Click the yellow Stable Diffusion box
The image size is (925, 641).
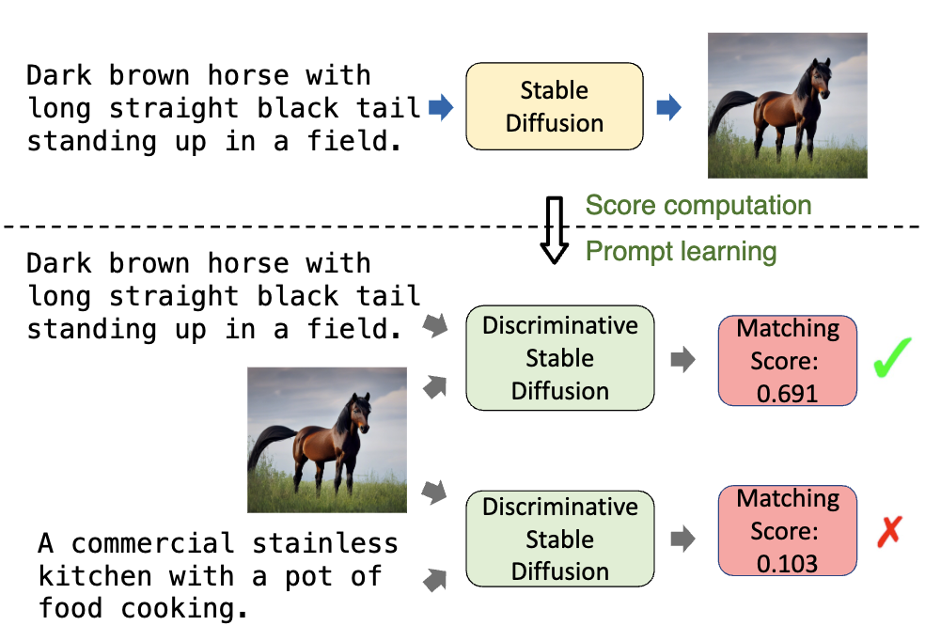555,106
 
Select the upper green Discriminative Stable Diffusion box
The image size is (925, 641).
560,358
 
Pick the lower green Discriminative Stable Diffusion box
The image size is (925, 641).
560,539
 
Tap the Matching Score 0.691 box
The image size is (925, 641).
788,360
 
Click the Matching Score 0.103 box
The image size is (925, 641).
788,530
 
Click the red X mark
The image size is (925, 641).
888,532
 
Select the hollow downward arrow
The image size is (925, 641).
556,229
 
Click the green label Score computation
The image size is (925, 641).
698,206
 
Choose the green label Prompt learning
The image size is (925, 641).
681,251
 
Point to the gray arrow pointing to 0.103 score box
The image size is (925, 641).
683,539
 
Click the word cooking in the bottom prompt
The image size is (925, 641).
184,608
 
